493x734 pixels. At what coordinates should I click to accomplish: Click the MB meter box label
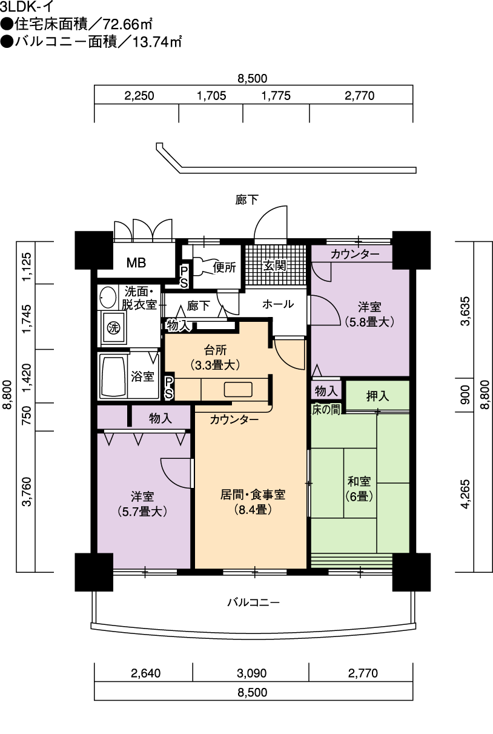tap(136, 262)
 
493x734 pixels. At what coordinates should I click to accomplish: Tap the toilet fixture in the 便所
tap(202, 267)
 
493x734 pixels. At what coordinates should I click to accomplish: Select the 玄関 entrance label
tap(276, 265)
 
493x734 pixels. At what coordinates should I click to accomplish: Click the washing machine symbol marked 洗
tap(114, 328)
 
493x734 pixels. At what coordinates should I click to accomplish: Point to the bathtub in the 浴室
tap(113, 376)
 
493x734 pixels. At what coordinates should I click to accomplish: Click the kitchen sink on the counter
tap(238, 389)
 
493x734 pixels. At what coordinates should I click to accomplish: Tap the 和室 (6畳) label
tap(359, 490)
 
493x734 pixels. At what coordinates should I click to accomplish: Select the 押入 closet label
tap(377, 396)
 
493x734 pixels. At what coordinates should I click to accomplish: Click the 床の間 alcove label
tap(326, 410)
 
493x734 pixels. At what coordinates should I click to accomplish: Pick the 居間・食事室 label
tap(253, 495)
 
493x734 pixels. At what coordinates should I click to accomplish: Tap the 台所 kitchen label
tap(216, 350)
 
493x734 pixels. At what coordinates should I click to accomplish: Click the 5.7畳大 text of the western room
tap(142, 512)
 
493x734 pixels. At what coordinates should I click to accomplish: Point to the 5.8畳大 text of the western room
tap(369, 322)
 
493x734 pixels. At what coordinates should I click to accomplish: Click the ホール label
tap(278, 304)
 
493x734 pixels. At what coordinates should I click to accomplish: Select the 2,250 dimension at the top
tap(139, 96)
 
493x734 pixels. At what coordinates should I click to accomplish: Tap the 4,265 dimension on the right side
tap(465, 494)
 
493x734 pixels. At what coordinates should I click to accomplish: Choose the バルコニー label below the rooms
tap(254, 602)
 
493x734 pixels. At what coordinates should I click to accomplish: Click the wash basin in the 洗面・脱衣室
tap(108, 297)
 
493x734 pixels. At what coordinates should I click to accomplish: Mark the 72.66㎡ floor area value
tap(128, 25)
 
